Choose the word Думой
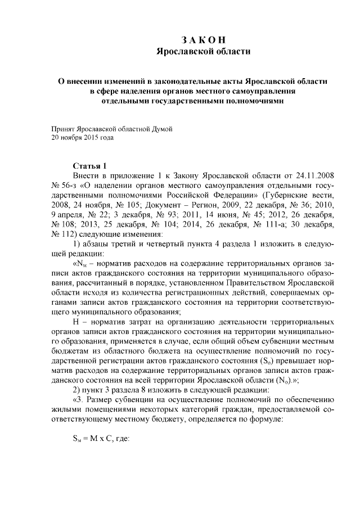pos(159,128)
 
